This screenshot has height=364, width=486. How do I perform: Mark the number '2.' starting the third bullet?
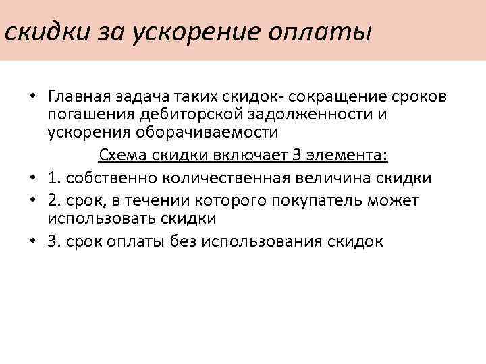click(x=55, y=200)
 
